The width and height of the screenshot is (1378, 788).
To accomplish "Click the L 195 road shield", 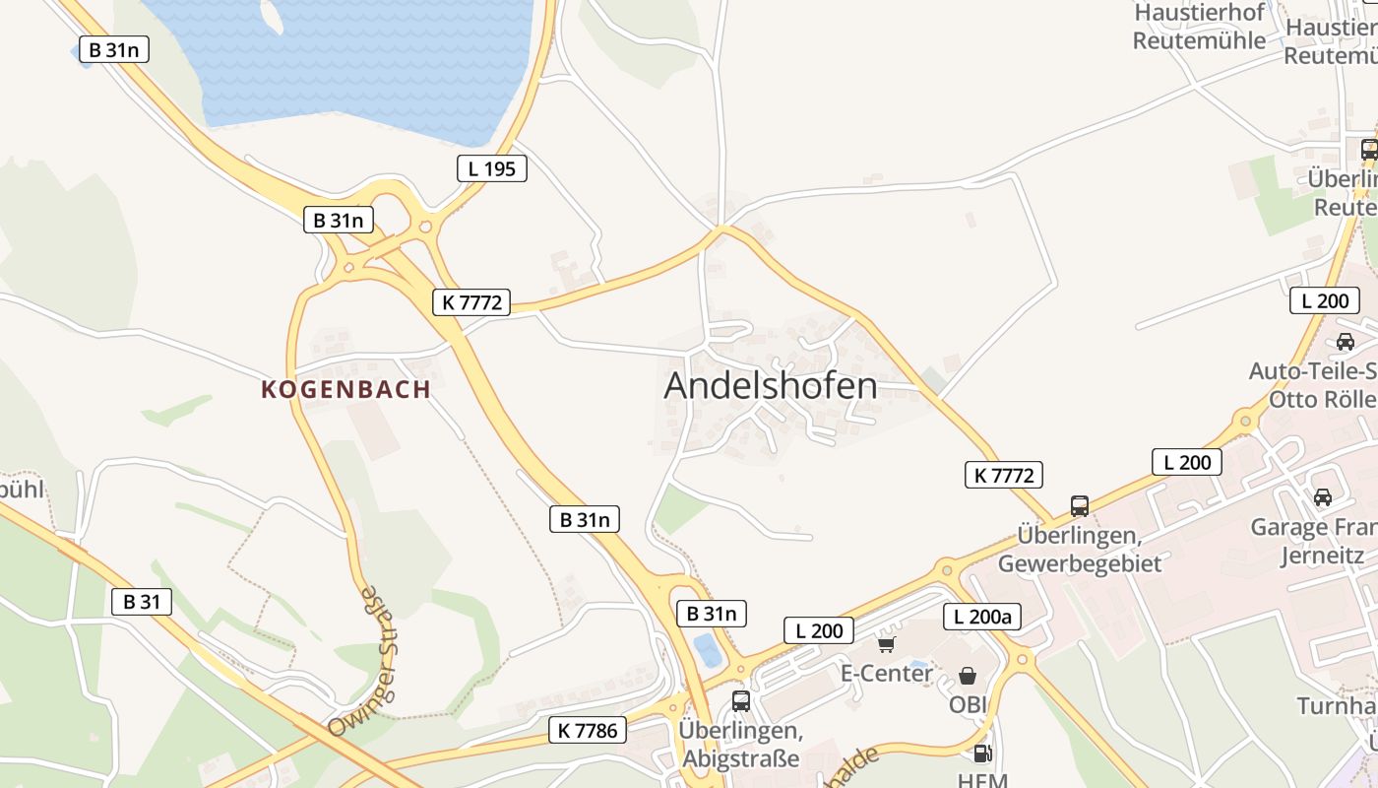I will (492, 168).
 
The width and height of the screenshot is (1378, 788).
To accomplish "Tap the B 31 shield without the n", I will (142, 602).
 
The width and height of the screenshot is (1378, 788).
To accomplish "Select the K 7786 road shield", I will (588, 730).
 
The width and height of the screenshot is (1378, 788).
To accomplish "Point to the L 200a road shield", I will (982, 618).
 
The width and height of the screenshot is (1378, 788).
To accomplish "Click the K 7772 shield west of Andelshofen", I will (471, 302).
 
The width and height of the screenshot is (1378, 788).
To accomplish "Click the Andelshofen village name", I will (771, 385).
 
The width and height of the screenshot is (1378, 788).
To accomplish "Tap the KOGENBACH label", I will (346, 390).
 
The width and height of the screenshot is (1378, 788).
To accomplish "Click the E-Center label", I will (886, 674).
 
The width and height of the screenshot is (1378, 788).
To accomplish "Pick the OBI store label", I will (968, 705).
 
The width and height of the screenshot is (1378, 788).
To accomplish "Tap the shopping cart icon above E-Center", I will (887, 644).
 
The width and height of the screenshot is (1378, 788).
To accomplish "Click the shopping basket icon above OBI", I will (968, 676).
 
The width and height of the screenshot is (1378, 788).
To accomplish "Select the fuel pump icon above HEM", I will (981, 754).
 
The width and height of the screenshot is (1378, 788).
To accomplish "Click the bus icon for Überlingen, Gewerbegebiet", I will (1080, 506).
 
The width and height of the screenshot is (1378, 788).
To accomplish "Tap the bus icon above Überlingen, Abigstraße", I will (741, 701).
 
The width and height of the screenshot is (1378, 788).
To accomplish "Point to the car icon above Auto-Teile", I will (1345, 342).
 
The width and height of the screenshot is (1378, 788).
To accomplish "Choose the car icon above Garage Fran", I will (1323, 497).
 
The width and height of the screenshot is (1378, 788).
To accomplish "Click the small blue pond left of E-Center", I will (706, 649).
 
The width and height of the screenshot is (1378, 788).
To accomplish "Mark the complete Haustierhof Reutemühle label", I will (1199, 27).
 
